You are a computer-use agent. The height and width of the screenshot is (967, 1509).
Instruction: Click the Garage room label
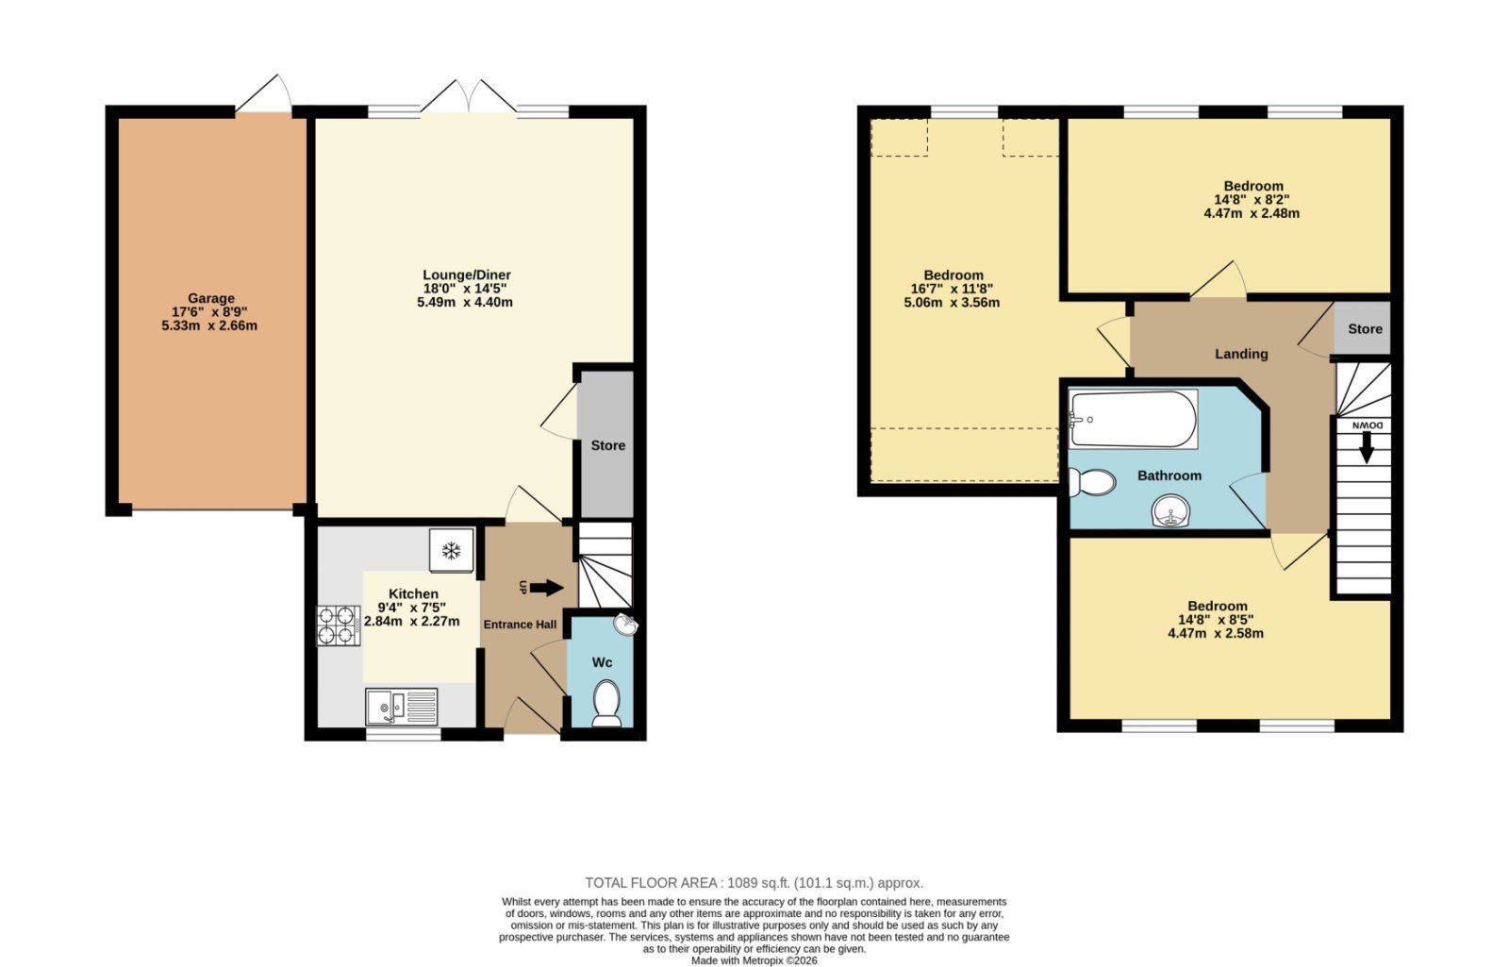[211, 298]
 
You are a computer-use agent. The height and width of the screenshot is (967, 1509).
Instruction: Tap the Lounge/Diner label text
[466, 275]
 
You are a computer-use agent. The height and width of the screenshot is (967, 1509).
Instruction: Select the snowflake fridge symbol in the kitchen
[452, 551]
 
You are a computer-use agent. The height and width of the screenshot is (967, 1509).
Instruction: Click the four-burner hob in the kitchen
[339, 626]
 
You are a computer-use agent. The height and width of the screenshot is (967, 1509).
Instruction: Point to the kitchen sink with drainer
[402, 707]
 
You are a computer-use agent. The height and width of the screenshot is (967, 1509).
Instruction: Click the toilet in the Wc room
[606, 704]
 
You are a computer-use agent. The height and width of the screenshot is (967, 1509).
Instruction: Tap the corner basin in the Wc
[626, 625]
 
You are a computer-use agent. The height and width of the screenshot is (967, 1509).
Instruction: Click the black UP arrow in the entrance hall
[546, 588]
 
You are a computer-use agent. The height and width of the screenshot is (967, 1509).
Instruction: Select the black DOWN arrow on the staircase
[1367, 447]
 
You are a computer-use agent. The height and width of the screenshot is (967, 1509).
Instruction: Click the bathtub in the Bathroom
[1133, 419]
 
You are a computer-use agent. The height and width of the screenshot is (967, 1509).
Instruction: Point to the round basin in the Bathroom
[1170, 511]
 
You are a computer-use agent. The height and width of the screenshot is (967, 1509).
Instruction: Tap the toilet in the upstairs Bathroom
[1092, 482]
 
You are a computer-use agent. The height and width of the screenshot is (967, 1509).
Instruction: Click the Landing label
[1241, 354]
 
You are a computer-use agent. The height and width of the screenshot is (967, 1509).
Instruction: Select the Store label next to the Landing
[1365, 329]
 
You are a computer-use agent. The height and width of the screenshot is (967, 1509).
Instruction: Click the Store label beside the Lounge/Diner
[607, 445]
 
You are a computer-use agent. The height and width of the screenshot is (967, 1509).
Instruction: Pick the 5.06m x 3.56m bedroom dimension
[952, 303]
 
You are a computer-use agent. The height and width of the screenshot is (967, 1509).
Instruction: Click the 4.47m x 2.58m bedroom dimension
[1216, 633]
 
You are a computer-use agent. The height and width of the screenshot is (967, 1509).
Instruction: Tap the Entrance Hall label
[520, 625]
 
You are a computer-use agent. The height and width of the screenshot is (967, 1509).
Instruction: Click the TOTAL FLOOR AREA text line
[754, 883]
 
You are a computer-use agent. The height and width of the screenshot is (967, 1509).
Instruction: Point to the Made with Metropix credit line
[754, 961]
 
